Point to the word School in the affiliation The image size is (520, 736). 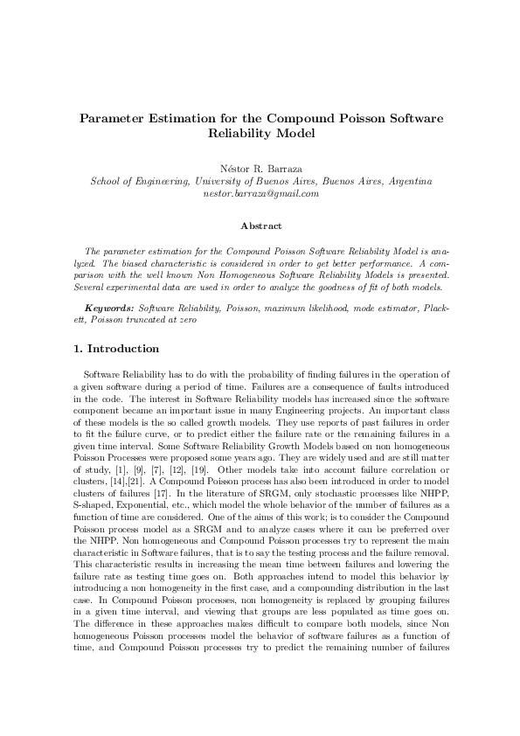pos(109,181)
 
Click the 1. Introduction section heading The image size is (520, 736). pos(117,350)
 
